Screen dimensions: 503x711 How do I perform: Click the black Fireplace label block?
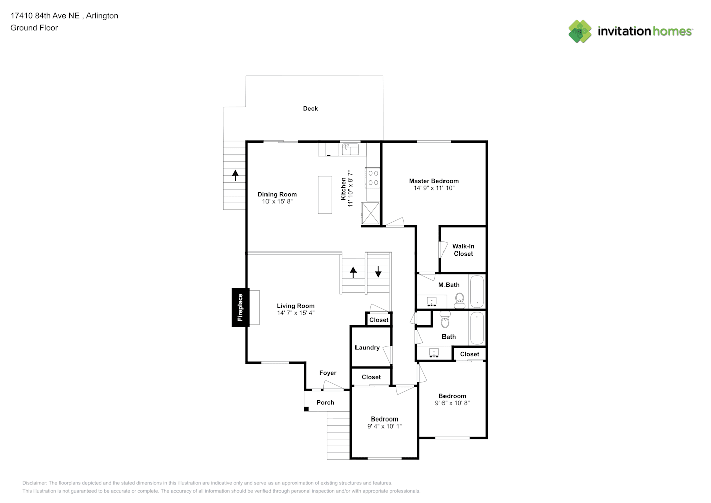(240, 307)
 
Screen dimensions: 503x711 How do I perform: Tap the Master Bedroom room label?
(433, 181)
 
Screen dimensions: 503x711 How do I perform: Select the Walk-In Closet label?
(463, 250)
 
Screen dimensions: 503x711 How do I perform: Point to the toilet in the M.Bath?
(460, 300)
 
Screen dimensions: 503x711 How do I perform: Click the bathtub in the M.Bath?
(477, 291)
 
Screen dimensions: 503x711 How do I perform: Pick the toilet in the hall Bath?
(445, 319)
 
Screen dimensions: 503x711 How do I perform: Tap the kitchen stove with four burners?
(373, 178)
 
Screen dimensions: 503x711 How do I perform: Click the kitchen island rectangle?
(325, 195)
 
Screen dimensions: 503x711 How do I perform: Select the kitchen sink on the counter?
(350, 149)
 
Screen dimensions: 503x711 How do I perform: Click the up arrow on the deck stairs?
(235, 175)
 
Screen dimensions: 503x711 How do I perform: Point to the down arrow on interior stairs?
(378, 272)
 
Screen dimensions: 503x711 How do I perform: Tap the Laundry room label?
(367, 348)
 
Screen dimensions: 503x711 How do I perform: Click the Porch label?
(325, 402)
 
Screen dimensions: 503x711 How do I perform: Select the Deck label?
(310, 109)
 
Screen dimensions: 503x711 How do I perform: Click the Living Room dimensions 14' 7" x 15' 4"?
(296, 313)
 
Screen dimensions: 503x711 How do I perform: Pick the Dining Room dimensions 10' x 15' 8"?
(277, 201)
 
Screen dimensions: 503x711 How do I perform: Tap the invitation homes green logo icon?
(580, 31)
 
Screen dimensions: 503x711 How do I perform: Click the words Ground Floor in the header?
(34, 28)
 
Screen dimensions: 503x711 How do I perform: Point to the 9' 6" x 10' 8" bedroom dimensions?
(452, 403)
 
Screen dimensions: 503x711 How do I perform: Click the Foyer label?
(328, 373)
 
